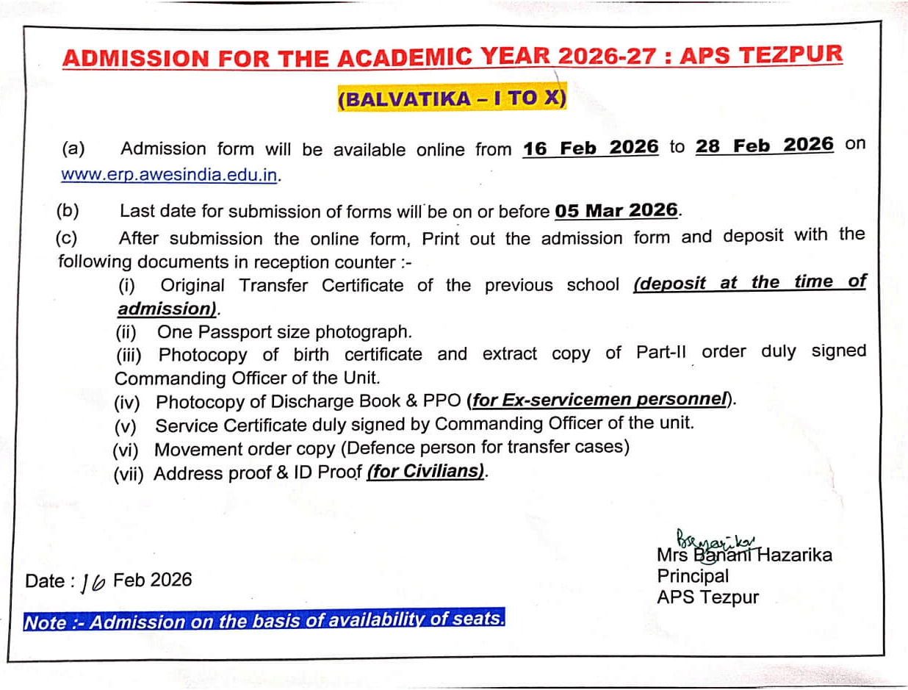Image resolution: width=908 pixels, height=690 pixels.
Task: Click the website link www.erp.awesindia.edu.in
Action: click(x=170, y=176)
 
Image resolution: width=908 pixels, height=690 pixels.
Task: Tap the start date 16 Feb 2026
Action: click(x=591, y=148)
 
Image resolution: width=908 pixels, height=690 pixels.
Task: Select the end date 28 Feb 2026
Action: click(x=765, y=145)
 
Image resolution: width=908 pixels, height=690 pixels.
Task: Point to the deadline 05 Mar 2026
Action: click(x=617, y=211)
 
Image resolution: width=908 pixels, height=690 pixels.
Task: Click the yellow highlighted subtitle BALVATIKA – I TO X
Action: click(x=452, y=99)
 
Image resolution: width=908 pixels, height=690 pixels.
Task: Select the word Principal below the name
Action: click(x=693, y=576)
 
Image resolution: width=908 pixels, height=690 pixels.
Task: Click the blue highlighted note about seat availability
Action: click(x=264, y=621)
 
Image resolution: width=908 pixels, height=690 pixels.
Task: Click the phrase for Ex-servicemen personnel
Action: click(x=599, y=400)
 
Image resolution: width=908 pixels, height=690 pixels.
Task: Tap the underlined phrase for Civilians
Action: click(x=426, y=472)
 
